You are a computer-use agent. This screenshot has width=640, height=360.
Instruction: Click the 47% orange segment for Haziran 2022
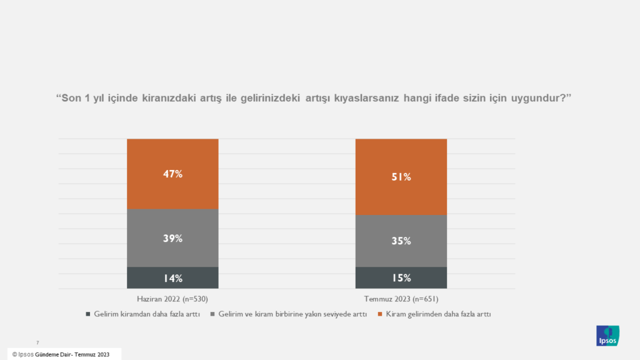coord(172,174)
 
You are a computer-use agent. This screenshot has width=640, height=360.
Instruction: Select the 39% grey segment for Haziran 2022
coord(172,238)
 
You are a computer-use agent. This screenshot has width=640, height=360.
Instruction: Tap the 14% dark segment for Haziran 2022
coord(172,278)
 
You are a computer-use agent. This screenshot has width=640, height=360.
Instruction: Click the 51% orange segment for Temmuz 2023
coord(401,177)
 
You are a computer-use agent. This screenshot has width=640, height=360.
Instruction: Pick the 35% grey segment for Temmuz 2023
coord(401,241)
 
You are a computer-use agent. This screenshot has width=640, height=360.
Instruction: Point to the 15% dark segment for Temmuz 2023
coord(401,278)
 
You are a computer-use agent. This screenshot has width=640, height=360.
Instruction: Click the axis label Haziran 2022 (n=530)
coord(172,299)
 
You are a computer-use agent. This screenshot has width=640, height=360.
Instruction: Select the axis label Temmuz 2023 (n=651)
coord(401,299)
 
